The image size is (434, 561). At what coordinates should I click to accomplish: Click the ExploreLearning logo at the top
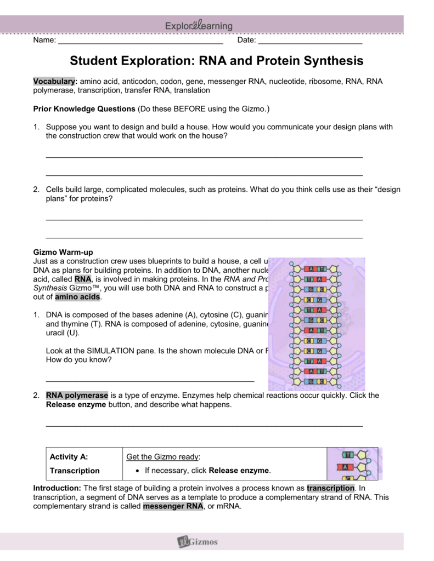pyautogui.click(x=199, y=26)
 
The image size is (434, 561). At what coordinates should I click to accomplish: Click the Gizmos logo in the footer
pyautogui.click(x=198, y=542)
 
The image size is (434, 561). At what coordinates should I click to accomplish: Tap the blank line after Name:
pyautogui.click(x=140, y=41)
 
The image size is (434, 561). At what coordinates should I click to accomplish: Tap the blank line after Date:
pyautogui.click(x=309, y=41)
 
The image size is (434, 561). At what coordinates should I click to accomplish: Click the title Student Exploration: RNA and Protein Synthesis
pyautogui.click(x=217, y=60)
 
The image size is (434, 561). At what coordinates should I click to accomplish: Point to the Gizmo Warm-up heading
pyautogui.click(x=59, y=253)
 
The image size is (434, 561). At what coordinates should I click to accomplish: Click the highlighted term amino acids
pyautogui.click(x=77, y=296)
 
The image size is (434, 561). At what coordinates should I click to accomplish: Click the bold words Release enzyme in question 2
pyautogui.click(x=72, y=405)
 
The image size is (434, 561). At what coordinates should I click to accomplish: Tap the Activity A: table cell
pyautogui.click(x=69, y=456)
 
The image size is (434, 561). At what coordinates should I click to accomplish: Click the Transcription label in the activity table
pyautogui.click(x=75, y=471)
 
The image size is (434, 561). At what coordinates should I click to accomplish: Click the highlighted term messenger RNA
pyautogui.click(x=172, y=506)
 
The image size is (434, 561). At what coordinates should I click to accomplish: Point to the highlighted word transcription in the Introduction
pyautogui.click(x=331, y=488)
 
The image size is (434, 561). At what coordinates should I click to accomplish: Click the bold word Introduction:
pyautogui.click(x=57, y=488)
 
